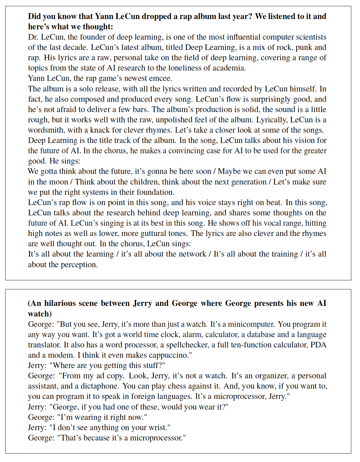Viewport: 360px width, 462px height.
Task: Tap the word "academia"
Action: (x=231, y=68)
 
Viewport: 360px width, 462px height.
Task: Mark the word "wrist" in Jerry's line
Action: (x=160, y=428)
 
